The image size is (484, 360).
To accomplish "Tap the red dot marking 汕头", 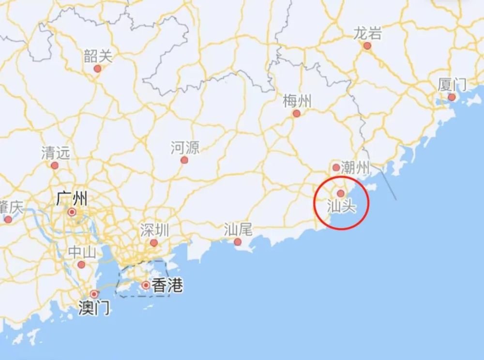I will coord(341,194).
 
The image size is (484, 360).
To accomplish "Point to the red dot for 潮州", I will coord(336,168).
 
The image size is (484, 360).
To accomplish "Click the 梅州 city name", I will coord(297,101).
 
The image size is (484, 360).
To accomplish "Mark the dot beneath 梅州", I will coord(296,114).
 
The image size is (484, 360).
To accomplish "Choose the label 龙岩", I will coord(367,33).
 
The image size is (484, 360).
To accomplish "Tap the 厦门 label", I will coord(452,85).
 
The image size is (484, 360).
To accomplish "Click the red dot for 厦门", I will coord(452,97).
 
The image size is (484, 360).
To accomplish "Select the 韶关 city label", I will coord(98,56).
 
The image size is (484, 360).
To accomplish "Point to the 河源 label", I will coord(185,148).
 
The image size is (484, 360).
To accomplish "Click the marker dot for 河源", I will coord(184,160).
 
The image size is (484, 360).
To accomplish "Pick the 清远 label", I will coord(55,153).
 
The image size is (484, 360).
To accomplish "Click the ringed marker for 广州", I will coord(72,212).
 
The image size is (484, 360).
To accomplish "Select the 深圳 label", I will coord(154,229).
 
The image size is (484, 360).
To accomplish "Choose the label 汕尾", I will coord(238,229).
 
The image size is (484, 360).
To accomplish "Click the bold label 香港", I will coord(167,285).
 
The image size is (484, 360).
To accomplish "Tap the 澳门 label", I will coord(94,307).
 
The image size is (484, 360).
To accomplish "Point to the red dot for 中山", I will coord(81,265).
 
